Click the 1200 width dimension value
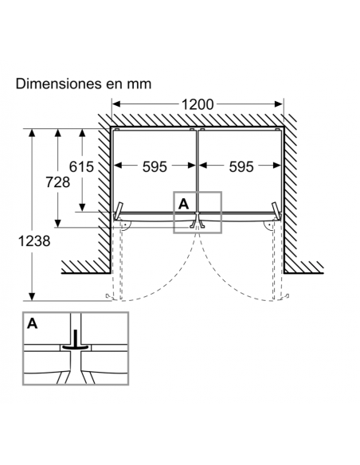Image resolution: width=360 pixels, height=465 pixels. pos(198,104)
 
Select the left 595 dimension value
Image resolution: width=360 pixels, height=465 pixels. pos(155,166)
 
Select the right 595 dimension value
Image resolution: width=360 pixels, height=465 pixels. pos(241,166)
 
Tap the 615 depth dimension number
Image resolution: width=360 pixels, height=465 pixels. pos(81,166)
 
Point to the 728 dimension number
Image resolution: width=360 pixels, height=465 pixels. pos(58,182)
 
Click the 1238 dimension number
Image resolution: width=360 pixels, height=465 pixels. pos(34,240)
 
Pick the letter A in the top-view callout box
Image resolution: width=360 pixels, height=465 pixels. pos(183,204)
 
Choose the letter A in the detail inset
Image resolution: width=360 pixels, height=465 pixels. pos(33,323)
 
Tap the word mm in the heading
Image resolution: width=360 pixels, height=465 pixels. pos(139,84)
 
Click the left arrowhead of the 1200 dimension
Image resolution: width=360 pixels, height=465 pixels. pos(116,104)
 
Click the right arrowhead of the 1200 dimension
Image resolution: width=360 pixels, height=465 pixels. pos(279,104)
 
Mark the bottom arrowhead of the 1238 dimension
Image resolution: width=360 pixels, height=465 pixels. pos(32,296)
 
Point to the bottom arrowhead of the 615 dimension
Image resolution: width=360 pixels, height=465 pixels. pos(82,207)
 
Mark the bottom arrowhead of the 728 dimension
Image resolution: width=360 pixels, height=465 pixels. pos(58,223)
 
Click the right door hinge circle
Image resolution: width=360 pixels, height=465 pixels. pos(268,225)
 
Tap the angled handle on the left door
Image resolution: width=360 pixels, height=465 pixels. pos(119,210)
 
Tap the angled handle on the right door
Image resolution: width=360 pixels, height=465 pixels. pos(276,210)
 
